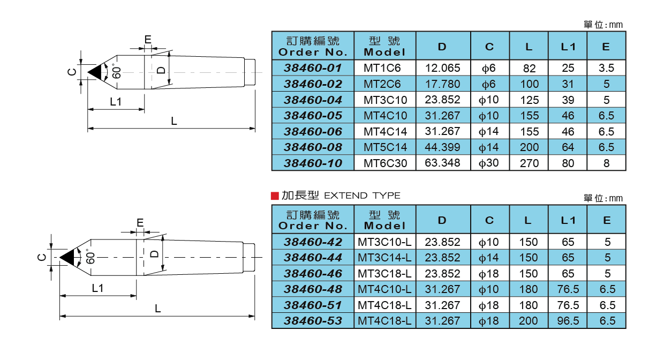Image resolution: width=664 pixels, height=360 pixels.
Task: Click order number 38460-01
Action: coord(313,68)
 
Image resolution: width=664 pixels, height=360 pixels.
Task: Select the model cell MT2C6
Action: coord(382,84)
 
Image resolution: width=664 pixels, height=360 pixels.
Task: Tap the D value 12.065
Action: coord(442,68)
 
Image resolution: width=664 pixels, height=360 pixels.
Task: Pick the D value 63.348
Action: coord(442,163)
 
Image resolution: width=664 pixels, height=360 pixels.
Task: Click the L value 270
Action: coord(529,163)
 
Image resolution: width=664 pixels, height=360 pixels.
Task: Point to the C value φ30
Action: coord(489,163)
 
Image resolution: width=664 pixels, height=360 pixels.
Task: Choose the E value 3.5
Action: coord(606,68)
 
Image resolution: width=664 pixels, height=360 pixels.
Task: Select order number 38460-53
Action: coord(313,321)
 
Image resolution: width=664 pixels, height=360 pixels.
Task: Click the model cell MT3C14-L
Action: coord(384,258)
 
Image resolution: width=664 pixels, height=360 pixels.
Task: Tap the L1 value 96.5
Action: coord(568,321)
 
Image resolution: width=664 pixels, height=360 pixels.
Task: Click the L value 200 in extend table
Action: coord(529,321)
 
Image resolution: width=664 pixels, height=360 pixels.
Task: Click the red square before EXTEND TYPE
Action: coord(275,196)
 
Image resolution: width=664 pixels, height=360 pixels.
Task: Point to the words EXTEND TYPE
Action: coord(362,196)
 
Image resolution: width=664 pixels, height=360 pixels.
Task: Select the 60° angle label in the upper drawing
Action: coord(117,72)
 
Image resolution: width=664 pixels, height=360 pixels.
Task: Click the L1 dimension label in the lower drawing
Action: coord(97,288)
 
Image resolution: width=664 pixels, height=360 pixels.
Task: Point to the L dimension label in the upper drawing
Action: coord(173,121)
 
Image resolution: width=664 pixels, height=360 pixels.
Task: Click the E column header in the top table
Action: coord(606,47)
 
